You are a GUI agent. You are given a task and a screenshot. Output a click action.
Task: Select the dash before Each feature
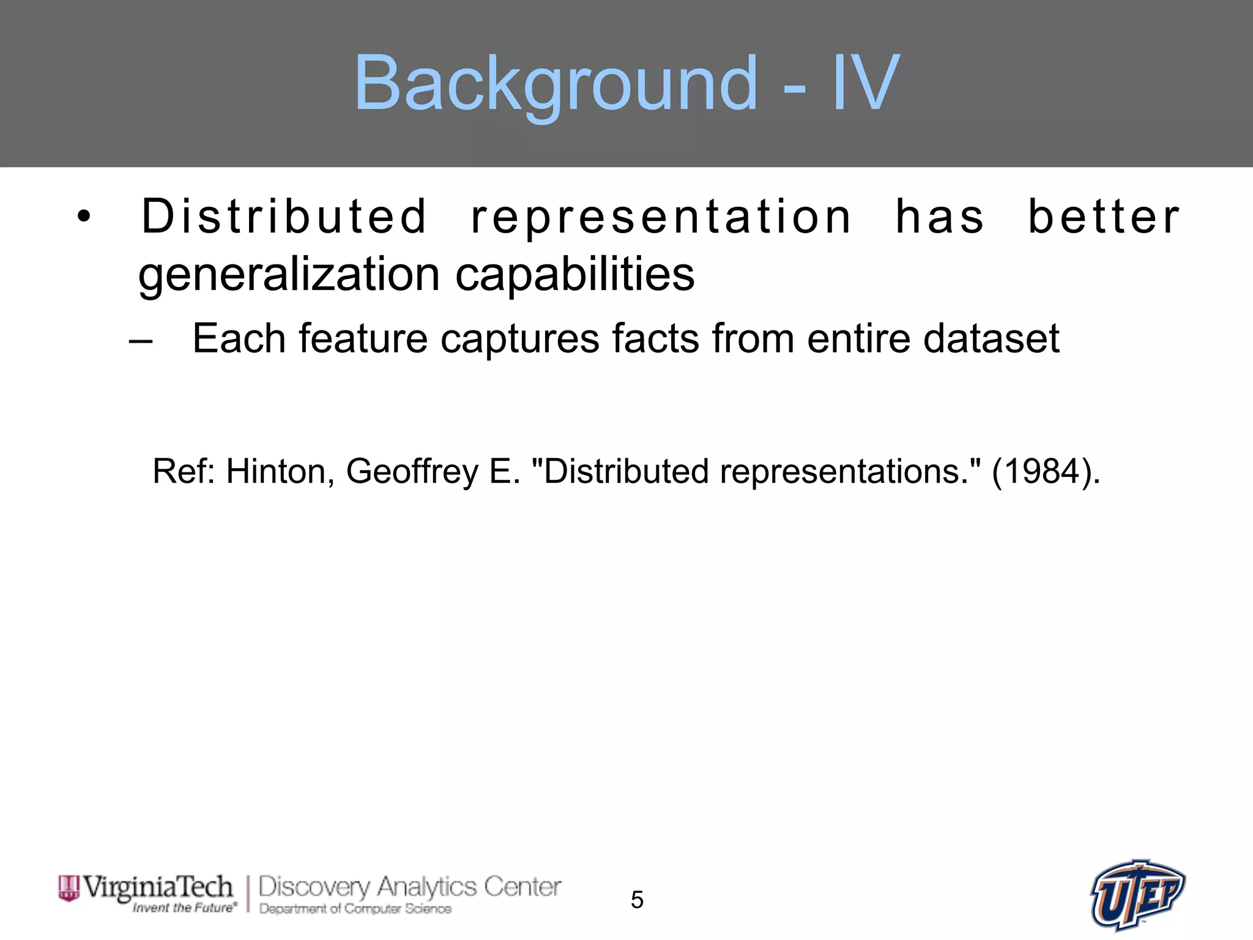click(x=141, y=340)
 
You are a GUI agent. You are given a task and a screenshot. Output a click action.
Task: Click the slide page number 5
click(x=637, y=900)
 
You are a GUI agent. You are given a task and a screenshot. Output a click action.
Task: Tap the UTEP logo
click(x=1137, y=895)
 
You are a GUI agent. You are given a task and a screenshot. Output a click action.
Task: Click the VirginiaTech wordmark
click(x=158, y=887)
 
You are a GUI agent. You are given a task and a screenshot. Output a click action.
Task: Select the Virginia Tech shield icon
click(x=69, y=888)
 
